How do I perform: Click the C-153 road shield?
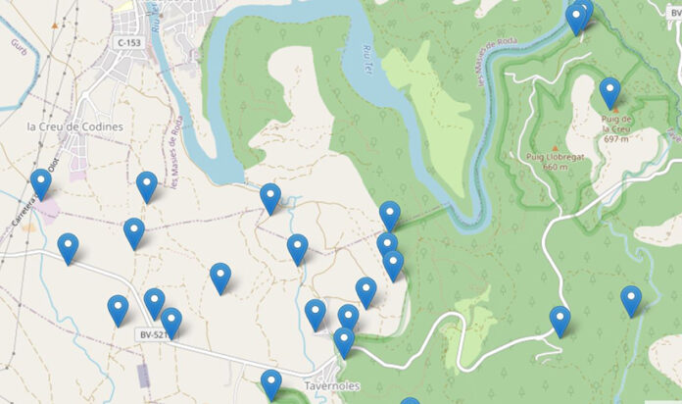tap(128, 43)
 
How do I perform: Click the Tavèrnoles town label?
tap(331, 386)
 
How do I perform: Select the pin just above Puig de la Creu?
tap(609, 92)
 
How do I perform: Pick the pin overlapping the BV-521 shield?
tap(171, 322)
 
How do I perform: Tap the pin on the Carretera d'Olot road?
tap(40, 183)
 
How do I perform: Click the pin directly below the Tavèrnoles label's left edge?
tap(271, 384)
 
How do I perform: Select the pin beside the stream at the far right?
tap(631, 300)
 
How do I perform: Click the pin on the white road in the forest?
tap(560, 321)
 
